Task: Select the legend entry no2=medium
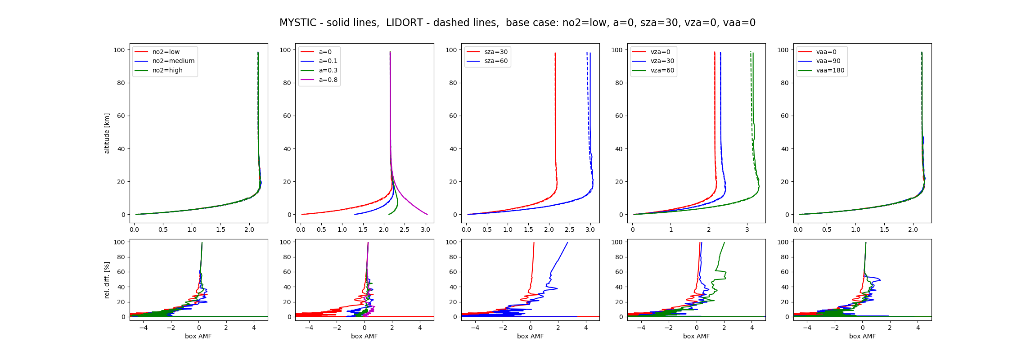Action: [173, 61]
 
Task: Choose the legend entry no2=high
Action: [167, 71]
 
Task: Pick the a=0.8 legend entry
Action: [328, 80]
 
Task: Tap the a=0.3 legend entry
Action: [328, 71]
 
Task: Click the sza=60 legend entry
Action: [496, 61]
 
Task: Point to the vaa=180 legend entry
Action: [830, 71]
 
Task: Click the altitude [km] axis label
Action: [107, 133]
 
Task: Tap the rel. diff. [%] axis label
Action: [107, 279]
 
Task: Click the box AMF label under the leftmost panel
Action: [198, 337]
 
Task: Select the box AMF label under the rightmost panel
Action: [862, 337]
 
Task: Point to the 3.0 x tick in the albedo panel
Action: [425, 229]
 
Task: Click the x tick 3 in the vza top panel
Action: [747, 229]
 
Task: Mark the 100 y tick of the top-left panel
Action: [119, 50]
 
